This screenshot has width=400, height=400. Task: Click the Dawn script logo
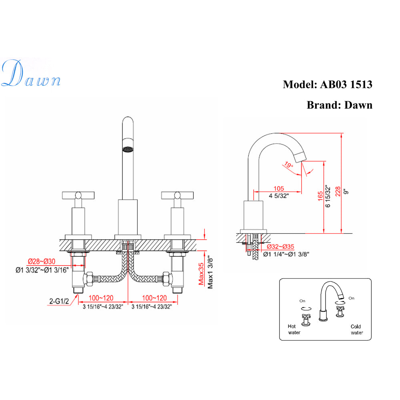(x=31, y=74)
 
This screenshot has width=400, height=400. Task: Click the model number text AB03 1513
(x=346, y=85)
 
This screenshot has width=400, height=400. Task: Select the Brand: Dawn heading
(x=339, y=105)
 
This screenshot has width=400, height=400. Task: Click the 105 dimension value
(x=279, y=188)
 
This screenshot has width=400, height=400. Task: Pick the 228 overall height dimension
(x=338, y=191)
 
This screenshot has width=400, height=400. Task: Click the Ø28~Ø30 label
(x=41, y=262)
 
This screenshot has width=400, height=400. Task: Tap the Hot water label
(x=294, y=329)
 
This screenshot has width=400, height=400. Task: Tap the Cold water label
(x=357, y=329)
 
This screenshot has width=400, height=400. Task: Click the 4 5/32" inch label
(x=279, y=195)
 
